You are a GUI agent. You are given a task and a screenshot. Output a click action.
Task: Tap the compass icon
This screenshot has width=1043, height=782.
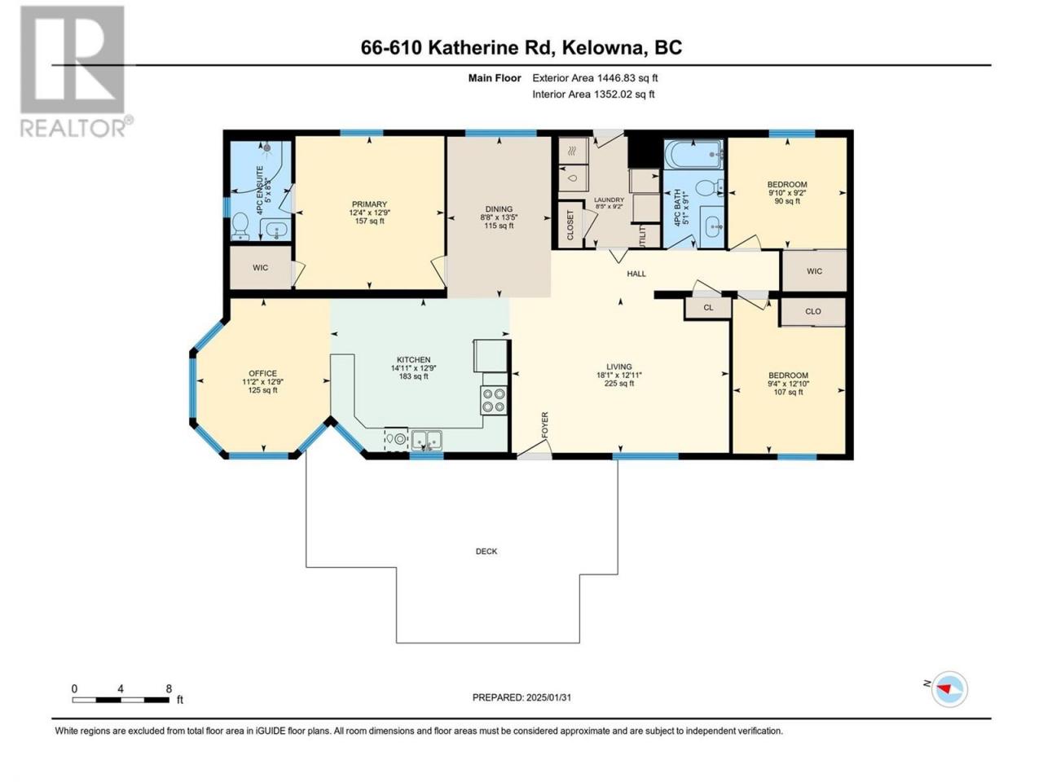pos(948,689)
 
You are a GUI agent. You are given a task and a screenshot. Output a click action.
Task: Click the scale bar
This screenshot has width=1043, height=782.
pos(121,700)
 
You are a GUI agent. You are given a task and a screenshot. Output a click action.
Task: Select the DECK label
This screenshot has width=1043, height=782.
pos(486,551)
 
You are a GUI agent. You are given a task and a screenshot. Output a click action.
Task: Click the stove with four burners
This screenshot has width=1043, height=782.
pos(493,400)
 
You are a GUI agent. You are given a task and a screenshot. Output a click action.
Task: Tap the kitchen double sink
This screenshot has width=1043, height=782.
pos(426,440)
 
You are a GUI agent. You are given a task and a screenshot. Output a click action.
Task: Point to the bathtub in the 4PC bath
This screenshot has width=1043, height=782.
pos(693,154)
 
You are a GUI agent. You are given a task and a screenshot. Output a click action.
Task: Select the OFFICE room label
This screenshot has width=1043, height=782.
pos(262,373)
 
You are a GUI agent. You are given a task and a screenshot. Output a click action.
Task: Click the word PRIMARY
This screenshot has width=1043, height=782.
pos(369,204)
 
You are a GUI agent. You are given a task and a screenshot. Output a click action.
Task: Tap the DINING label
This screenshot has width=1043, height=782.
pos(499,209)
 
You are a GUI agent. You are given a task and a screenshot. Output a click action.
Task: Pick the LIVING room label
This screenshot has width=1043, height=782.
pos(619,367)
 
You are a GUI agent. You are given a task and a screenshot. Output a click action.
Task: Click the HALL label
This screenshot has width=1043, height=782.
pos(636,274)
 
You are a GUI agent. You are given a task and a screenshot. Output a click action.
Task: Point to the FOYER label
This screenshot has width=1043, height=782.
pos(544,425)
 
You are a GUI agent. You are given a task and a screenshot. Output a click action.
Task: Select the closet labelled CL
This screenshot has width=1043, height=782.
pos(708,308)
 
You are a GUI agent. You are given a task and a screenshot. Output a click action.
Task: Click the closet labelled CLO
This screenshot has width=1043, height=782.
pos(813,311)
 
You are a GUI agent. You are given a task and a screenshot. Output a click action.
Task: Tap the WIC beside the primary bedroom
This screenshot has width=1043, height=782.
pos(261,267)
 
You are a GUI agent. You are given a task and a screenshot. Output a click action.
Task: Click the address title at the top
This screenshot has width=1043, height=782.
pos(521,47)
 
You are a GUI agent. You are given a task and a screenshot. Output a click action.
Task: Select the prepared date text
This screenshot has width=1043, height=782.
pos(521,697)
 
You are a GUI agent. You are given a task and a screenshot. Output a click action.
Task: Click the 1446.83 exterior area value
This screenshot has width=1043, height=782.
pos(614,78)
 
